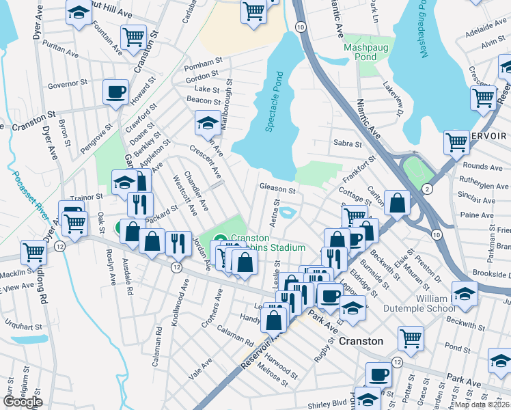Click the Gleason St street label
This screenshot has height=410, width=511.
tap(277, 189)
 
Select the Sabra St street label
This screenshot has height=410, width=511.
tap(347, 143)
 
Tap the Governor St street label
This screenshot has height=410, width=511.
tap(68, 86)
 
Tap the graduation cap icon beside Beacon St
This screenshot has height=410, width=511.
tap(207, 122)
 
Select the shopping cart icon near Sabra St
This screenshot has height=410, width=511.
tap(456, 143)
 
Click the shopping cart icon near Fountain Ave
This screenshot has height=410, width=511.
tap(133, 36)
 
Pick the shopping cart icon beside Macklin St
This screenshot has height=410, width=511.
tap(33, 251)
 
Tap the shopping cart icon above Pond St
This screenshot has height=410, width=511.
tap(410, 337)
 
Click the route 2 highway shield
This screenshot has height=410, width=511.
tap(428, 188)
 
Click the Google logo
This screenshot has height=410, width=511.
tap(23, 402)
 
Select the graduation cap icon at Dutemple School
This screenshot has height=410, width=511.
tap(465, 293)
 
